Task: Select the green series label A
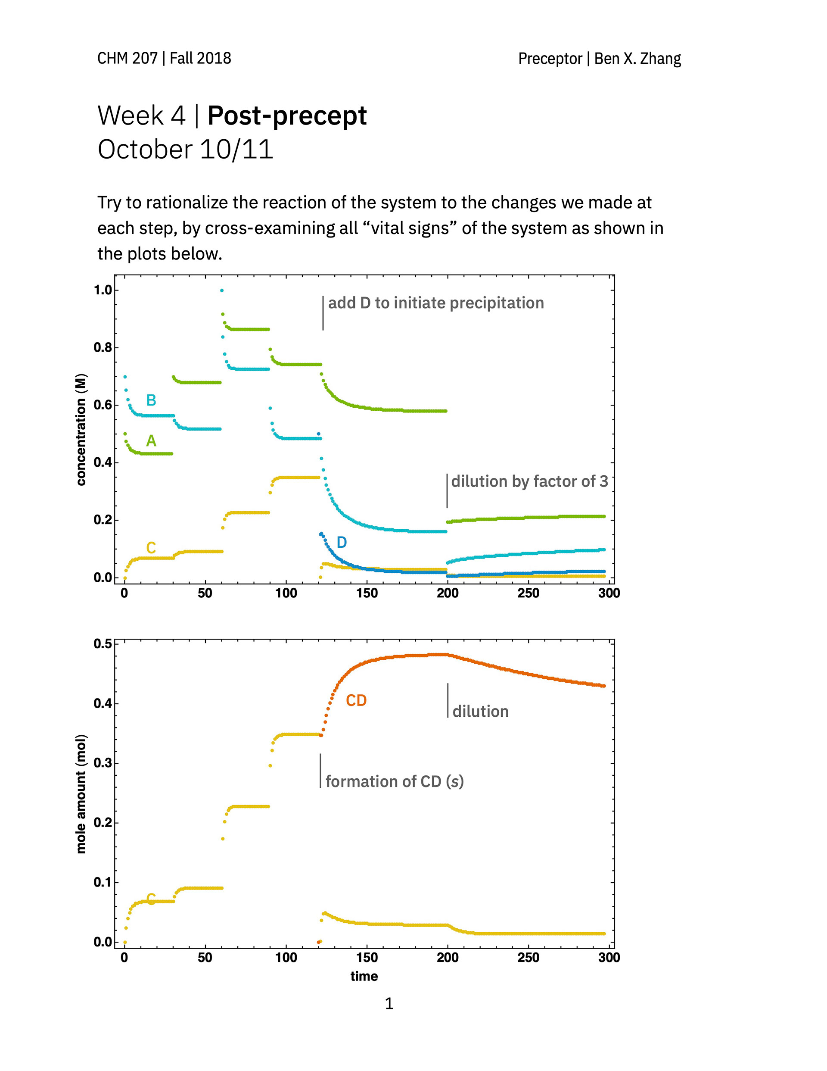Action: [x=151, y=441]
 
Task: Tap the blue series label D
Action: [x=342, y=542]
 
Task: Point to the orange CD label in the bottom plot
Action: [x=356, y=700]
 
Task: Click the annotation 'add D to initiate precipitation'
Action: [x=436, y=303]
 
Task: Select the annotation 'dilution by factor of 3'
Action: [x=529, y=481]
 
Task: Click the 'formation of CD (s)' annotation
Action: [x=394, y=781]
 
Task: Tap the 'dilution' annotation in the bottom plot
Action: [x=480, y=712]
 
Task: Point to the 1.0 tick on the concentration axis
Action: [x=103, y=290]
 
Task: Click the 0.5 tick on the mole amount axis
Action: [x=103, y=643]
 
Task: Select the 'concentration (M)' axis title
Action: [x=81, y=430]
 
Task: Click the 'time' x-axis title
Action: [x=364, y=976]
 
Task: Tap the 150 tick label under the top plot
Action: [x=367, y=593]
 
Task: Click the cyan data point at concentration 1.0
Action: [x=221, y=290]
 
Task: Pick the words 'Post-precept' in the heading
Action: [x=287, y=116]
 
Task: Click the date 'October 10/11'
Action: [x=185, y=149]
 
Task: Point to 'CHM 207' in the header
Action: [x=127, y=58]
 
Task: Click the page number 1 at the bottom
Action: [x=389, y=1003]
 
